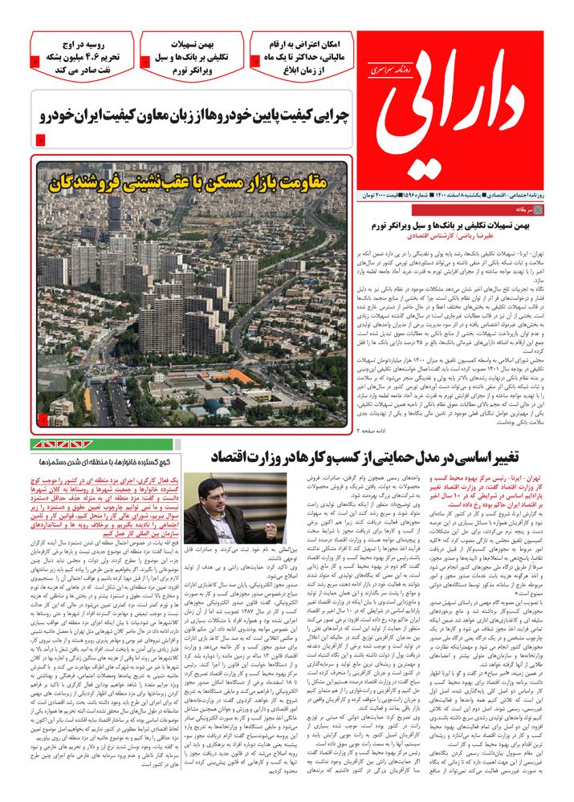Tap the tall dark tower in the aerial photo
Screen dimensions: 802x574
click(114, 212)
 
